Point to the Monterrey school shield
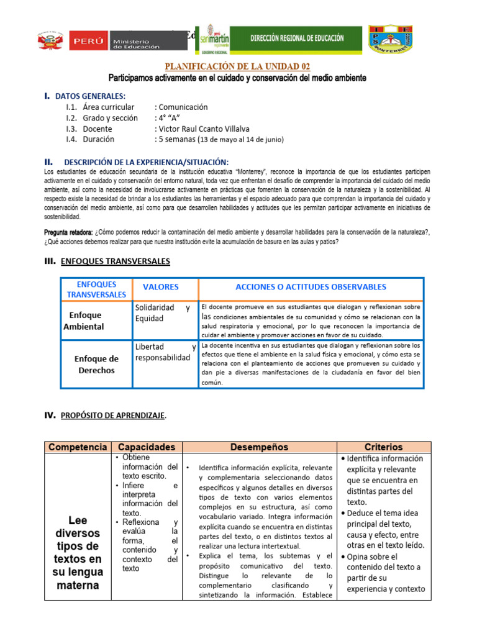point(391,39)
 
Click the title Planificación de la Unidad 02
point(237,66)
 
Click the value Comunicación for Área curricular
point(181,107)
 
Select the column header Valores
point(160,287)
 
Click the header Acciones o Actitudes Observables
point(311,287)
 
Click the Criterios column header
point(384,447)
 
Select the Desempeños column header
point(260,447)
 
